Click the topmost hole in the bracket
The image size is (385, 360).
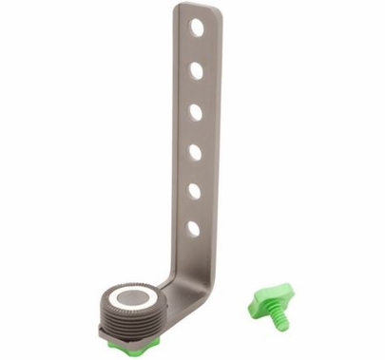[x=197, y=28]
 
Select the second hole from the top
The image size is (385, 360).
[x=196, y=69]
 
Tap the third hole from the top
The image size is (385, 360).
[x=196, y=111]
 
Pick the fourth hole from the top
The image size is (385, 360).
[x=195, y=151]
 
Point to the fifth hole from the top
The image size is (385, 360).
[x=194, y=190]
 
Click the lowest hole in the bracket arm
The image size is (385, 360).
[x=193, y=228]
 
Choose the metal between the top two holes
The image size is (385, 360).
[x=197, y=48]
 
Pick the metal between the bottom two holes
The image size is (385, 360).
[x=194, y=209]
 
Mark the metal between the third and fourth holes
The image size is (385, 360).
[x=196, y=131]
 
